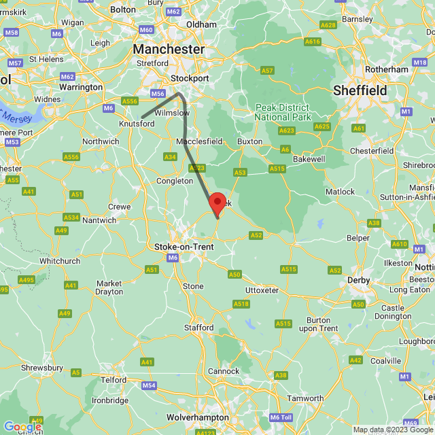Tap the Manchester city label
[169, 49]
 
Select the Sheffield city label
[360, 90]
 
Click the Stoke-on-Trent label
[184, 246]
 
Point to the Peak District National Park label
[281, 112]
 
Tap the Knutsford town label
[137, 124]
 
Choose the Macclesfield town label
[199, 141]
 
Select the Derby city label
[358, 280]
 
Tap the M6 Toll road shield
[280, 417]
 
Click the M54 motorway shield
[150, 385]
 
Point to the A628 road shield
[328, 25]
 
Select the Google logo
[22, 427]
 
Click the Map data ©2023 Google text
[393, 430]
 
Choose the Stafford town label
[199, 328]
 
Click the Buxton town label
[249, 141]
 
